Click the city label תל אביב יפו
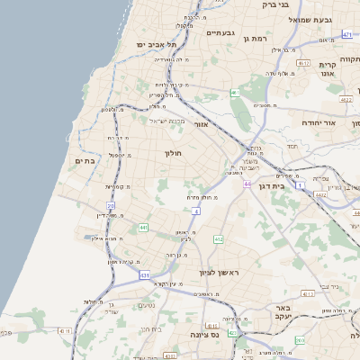(x=155, y=44)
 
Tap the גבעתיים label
(x=220, y=33)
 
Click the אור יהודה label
(x=318, y=121)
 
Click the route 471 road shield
(x=347, y=34)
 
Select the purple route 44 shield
(x=246, y=184)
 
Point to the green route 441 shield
(x=143, y=229)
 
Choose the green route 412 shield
(x=218, y=239)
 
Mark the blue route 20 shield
(x=111, y=206)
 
